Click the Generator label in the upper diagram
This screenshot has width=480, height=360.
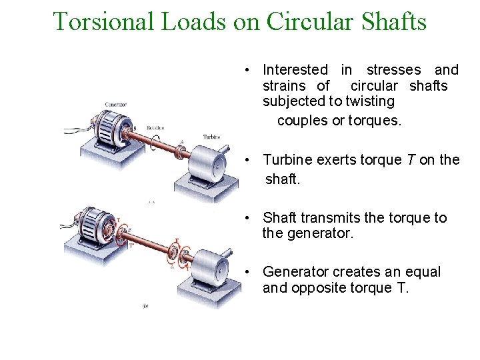pyautogui.click(x=115, y=104)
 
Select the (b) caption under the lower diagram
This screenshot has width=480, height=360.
pyautogui.click(x=145, y=306)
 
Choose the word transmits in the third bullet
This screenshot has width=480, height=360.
pyautogui.click(x=325, y=218)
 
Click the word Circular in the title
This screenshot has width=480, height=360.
pyautogui.click(x=304, y=21)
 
